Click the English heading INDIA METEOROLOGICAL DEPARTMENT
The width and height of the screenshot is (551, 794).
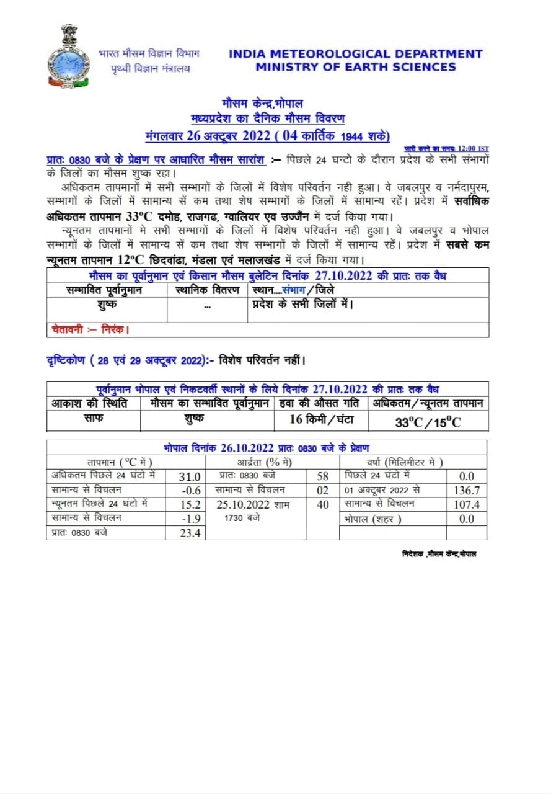point(355,54)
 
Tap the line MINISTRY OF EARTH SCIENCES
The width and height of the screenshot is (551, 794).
point(355,67)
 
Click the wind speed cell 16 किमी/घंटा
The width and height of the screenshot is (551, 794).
point(321,419)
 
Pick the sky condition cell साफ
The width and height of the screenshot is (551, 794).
point(93,419)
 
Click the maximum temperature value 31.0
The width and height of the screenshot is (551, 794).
point(190,476)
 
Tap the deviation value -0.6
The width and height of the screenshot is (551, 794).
point(190,490)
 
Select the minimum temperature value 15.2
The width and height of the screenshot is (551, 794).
point(190,504)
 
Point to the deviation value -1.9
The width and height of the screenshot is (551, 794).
point(190,519)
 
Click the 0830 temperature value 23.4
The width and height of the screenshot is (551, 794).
point(190,533)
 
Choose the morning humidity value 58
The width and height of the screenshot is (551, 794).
point(322,476)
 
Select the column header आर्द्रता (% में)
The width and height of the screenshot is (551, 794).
point(265,462)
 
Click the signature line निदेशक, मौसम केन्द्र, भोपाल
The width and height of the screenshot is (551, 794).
point(439,553)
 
